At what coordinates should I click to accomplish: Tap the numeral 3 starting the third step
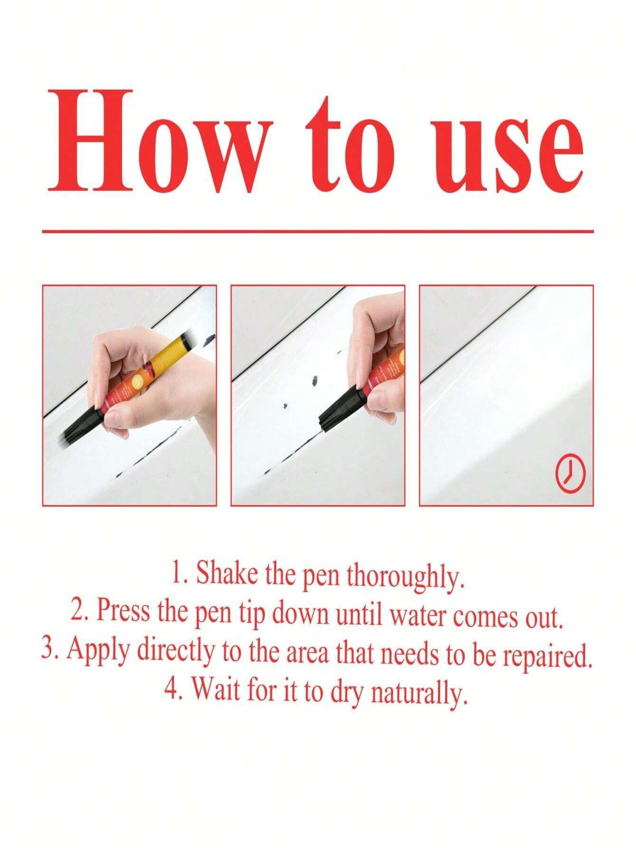47,649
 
